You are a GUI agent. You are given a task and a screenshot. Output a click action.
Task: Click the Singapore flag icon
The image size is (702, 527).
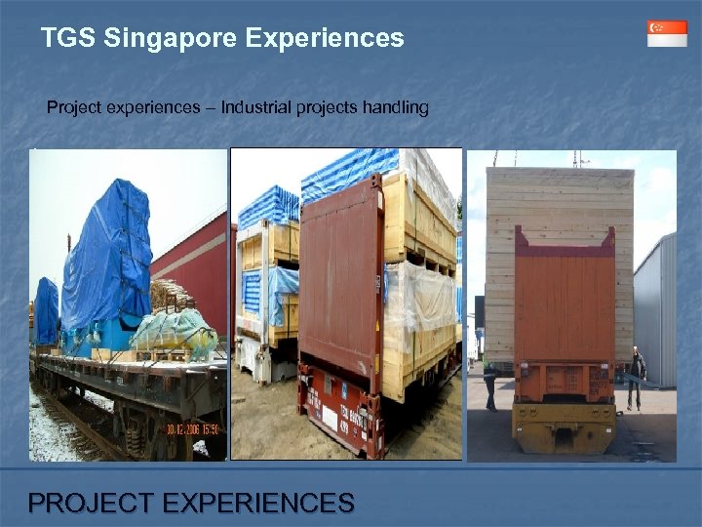point(667,33)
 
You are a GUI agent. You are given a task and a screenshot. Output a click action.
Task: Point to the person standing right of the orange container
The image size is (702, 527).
point(637,376)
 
